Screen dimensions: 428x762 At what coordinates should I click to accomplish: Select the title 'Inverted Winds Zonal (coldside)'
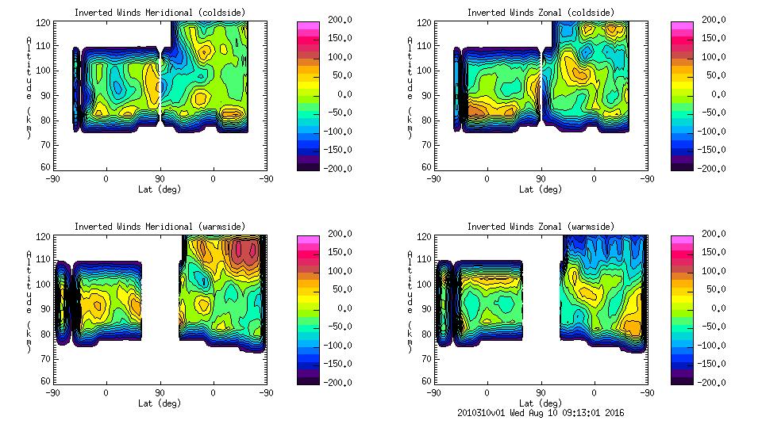[541, 13]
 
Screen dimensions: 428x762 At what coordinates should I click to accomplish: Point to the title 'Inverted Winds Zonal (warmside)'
[541, 227]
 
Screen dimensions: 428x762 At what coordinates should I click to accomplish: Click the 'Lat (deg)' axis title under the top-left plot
[160, 189]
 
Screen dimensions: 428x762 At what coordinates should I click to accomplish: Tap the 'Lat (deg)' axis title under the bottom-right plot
[541, 403]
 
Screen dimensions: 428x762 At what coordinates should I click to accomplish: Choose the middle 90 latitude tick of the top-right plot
[541, 179]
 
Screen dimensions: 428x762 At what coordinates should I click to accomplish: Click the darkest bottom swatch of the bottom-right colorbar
[681, 379]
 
